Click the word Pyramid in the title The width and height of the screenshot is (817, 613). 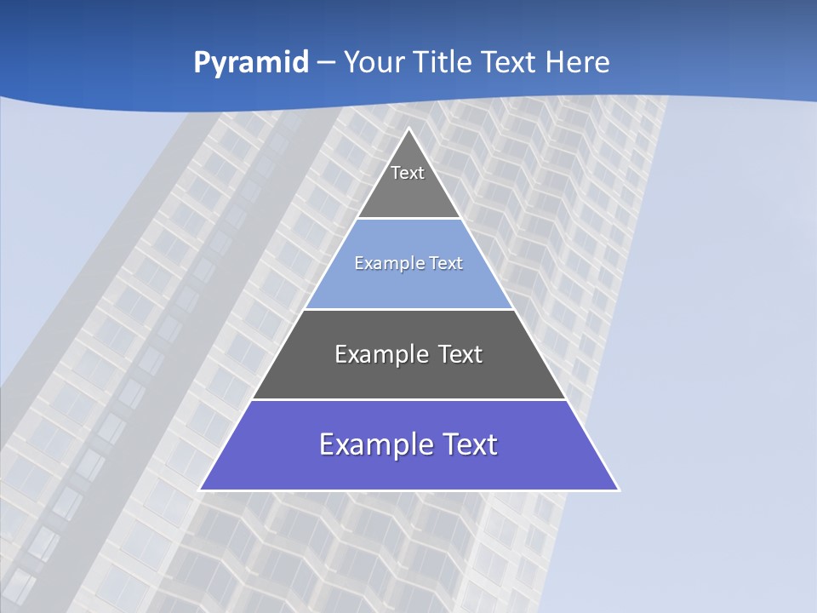251,63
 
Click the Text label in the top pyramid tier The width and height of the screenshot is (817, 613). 408,173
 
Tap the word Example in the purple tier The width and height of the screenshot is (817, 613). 368,444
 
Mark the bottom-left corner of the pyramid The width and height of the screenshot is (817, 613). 200,490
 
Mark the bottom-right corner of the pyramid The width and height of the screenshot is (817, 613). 619,490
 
